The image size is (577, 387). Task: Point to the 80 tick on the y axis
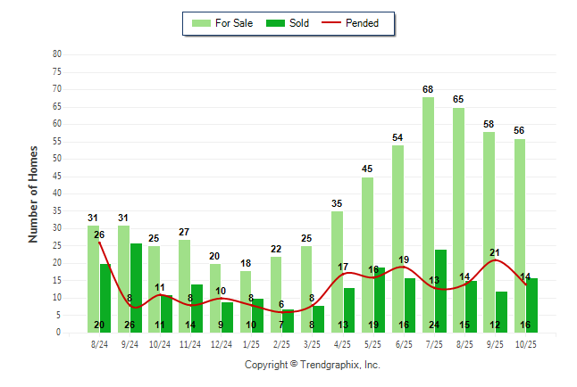tap(57, 54)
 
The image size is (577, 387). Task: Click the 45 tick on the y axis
tap(57, 176)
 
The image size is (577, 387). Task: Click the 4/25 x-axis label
tap(343, 343)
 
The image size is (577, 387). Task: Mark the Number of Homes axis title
tap(33, 193)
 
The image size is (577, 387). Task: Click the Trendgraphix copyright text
tap(313, 365)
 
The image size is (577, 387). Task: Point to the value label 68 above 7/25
tap(429, 89)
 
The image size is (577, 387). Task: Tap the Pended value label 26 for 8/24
tap(99, 235)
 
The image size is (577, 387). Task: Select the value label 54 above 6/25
tap(398, 138)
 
